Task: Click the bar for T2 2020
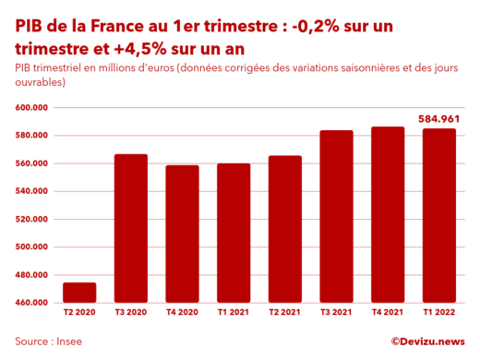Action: (x=79, y=293)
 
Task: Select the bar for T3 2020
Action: (x=131, y=228)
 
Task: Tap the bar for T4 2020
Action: (x=182, y=234)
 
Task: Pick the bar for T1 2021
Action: (x=234, y=233)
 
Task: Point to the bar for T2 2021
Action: (x=285, y=229)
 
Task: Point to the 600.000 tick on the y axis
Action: (x=31, y=108)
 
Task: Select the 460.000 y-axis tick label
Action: (x=31, y=303)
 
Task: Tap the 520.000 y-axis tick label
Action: (x=31, y=220)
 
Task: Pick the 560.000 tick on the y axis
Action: (x=31, y=163)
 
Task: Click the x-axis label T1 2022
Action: (x=439, y=315)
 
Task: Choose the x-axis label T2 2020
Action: (x=79, y=315)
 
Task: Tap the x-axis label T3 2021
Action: (x=337, y=315)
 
